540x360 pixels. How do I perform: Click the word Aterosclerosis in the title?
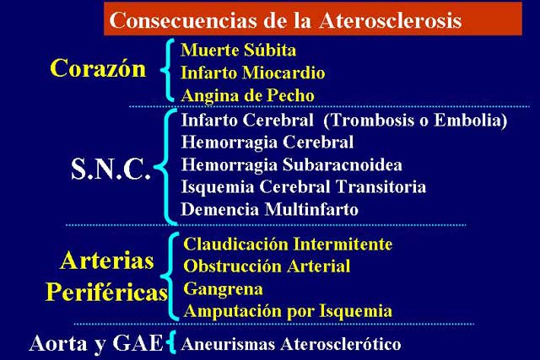[390, 20]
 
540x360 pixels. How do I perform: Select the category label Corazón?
[98, 68]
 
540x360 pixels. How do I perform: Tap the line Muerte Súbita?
[238, 50]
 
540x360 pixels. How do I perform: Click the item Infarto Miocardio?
[253, 73]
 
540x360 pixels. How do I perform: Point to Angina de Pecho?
[247, 95]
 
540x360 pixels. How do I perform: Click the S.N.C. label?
[111, 169]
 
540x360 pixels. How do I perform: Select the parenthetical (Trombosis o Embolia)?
[415, 120]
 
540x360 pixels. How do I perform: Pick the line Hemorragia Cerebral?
[267, 142]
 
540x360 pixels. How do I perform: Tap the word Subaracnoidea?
[342, 164]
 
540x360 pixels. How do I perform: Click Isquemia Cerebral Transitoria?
[304, 187]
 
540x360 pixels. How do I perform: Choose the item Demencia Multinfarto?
[270, 209]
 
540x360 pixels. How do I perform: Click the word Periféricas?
[106, 293]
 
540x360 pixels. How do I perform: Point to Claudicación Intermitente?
[288, 244]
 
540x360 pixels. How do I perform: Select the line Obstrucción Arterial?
[267, 266]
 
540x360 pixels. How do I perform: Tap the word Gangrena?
[223, 288]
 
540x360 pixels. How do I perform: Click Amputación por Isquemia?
[288, 311]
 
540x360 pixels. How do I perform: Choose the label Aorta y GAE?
[96, 343]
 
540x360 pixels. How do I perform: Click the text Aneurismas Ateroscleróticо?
[291, 344]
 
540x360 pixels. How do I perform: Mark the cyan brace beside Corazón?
[167, 70]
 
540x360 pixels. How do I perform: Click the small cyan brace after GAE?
[171, 342]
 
